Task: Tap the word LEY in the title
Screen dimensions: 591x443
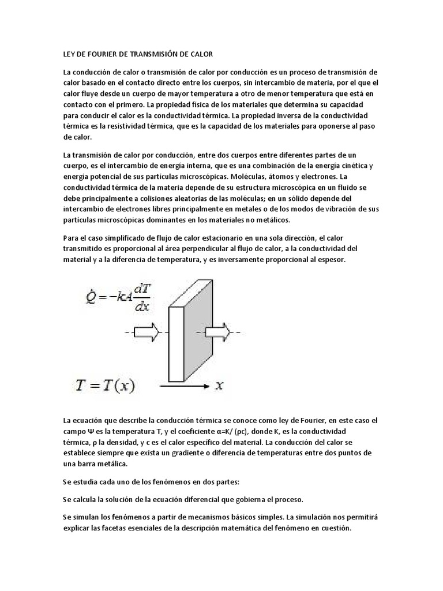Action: coord(68,54)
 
